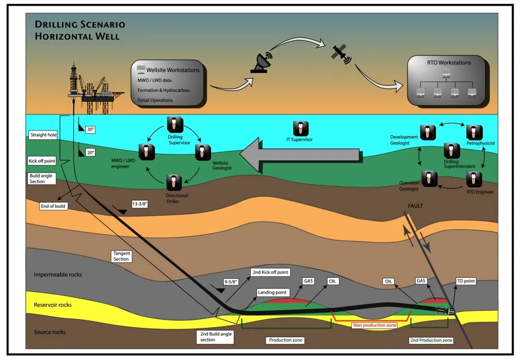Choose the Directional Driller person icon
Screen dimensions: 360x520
[x=173, y=183]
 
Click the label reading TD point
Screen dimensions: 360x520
[x=465, y=281]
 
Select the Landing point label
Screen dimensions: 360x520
[x=273, y=293]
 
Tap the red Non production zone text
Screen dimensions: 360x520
[x=375, y=325]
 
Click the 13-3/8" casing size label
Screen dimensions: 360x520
[x=139, y=205]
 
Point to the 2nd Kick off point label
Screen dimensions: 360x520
[x=270, y=272]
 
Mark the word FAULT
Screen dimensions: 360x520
[x=415, y=206]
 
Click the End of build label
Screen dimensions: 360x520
[x=54, y=206]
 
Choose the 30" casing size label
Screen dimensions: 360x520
[x=91, y=130]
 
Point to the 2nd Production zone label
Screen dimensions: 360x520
[x=431, y=340]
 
